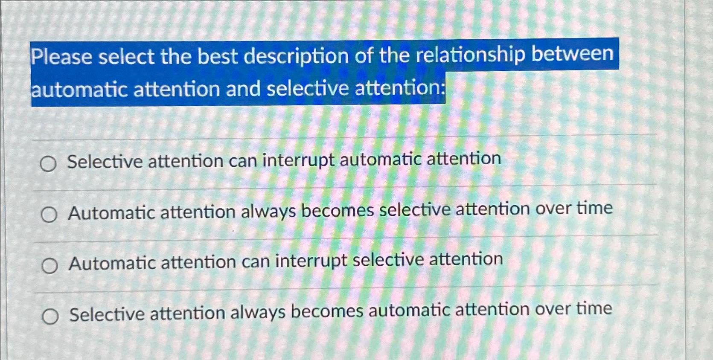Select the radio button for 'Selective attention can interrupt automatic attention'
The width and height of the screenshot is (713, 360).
(48, 164)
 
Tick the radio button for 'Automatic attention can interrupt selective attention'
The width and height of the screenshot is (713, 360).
(50, 266)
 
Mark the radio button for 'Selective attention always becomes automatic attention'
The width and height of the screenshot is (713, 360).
(50, 317)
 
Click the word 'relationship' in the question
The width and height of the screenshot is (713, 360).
(471, 55)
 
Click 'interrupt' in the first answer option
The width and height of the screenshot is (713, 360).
(298, 160)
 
